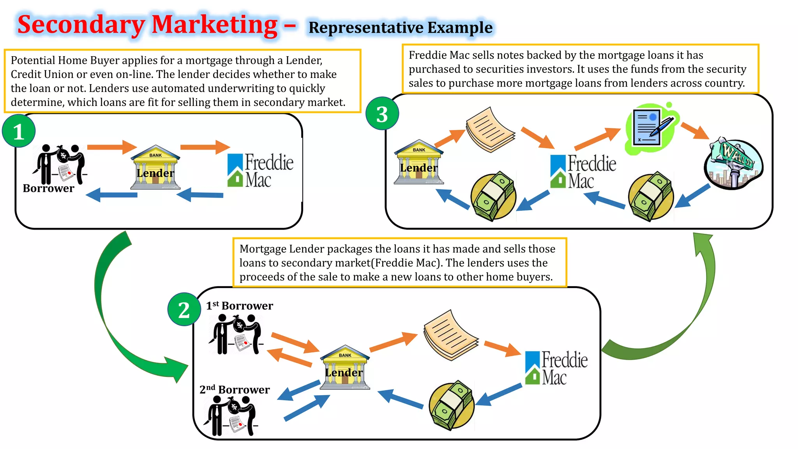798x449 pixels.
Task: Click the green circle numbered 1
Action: pos(19,131)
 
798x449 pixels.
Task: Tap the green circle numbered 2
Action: pos(184,310)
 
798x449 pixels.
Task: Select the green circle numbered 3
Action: pos(382,114)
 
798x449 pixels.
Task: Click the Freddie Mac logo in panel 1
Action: pos(260,170)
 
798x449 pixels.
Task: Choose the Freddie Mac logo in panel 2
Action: pos(556,368)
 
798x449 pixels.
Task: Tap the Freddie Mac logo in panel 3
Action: pos(583,171)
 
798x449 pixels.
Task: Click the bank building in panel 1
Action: pos(155,168)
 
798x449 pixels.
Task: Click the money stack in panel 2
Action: pos(452,406)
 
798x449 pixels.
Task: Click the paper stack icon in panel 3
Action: pos(490,129)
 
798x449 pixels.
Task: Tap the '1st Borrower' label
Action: pos(239,306)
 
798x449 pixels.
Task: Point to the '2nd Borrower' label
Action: pos(235,389)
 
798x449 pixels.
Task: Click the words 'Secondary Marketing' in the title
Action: pos(147,25)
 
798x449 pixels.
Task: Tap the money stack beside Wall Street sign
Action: pos(651,196)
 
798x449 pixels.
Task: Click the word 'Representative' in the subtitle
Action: pos(366,28)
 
